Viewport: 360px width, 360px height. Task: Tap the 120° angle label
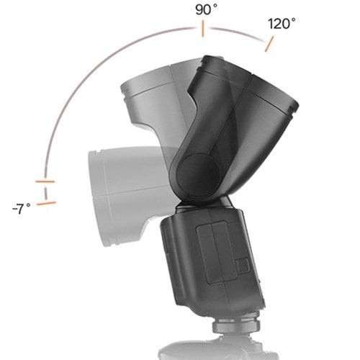[x=282, y=22]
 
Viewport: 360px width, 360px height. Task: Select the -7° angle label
[x=22, y=209]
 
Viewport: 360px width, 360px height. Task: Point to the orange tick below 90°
[x=203, y=30]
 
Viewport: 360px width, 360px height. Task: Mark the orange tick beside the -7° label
[x=46, y=204]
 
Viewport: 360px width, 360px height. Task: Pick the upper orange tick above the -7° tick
[x=45, y=180]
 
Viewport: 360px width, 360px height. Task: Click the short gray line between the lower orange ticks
[x=45, y=192]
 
